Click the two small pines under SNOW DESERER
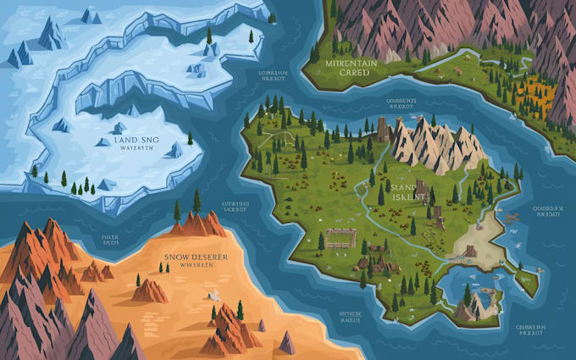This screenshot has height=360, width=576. (163, 268)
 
